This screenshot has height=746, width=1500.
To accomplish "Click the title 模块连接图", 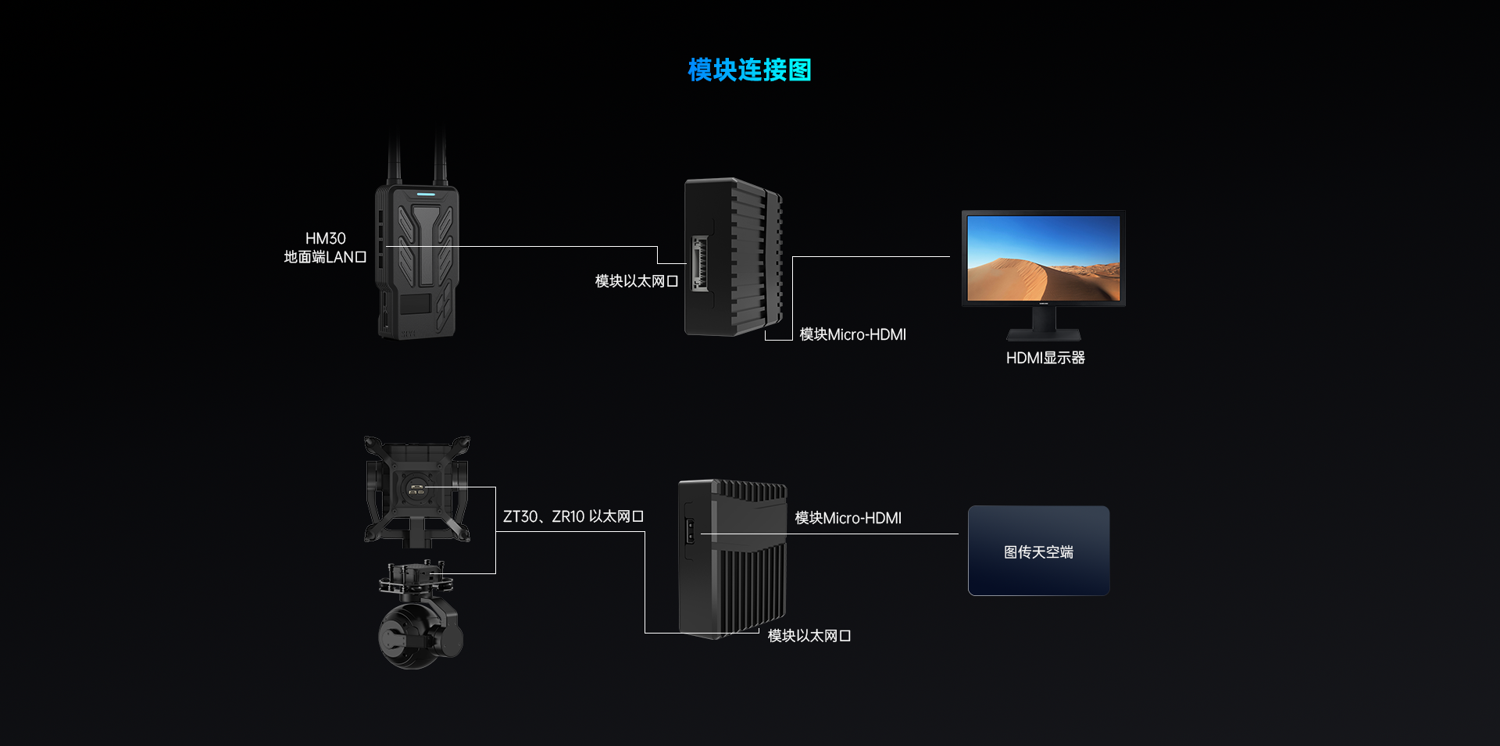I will [749, 70].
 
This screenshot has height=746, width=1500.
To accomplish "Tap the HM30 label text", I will [325, 238].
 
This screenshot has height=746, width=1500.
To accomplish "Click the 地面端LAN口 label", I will [325, 257].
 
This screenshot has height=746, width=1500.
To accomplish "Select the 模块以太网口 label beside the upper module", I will [636, 281].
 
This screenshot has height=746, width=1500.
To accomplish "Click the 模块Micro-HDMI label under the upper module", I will [852, 334].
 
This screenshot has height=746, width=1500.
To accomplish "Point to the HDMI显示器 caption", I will [1045, 358].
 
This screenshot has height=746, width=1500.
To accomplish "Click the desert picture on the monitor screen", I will [1043, 258].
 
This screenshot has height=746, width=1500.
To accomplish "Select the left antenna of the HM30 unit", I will [395, 156].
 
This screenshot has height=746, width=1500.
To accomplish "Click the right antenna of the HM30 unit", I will [440, 156].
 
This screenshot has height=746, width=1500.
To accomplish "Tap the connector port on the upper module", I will [699, 264].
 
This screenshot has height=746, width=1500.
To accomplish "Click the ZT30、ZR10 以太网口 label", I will [573, 516].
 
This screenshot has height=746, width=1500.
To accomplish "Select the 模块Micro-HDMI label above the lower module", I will [848, 518].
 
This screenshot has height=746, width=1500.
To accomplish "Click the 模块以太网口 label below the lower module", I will [809, 636].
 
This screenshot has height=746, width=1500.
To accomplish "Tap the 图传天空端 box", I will [1038, 551].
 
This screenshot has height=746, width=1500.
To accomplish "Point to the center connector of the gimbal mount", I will [417, 491].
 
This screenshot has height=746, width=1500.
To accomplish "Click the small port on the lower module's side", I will [690, 531].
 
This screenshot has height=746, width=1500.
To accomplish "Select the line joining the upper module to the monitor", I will [871, 256].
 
